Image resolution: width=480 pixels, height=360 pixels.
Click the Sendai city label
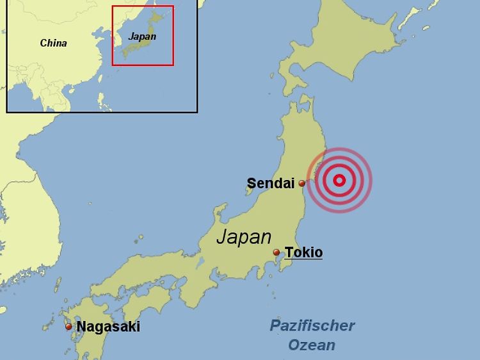tap(271, 184)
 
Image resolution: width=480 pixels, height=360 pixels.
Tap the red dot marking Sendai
tap(301, 183)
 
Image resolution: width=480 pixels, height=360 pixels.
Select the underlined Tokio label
tap(303, 252)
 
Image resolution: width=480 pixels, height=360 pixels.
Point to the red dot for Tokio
tap(276, 252)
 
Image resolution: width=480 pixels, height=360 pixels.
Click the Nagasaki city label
tap(108, 327)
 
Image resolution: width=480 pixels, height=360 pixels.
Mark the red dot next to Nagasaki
tap(68, 327)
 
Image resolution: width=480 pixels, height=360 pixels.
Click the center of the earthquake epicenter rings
tap(339, 181)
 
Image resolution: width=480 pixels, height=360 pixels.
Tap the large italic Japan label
tap(244, 236)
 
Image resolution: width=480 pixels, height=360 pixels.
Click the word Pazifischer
tap(312, 325)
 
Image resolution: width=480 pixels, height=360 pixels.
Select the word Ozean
tap(312, 345)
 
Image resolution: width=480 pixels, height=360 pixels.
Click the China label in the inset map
tap(53, 44)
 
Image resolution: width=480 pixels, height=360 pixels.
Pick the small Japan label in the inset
tap(141, 37)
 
